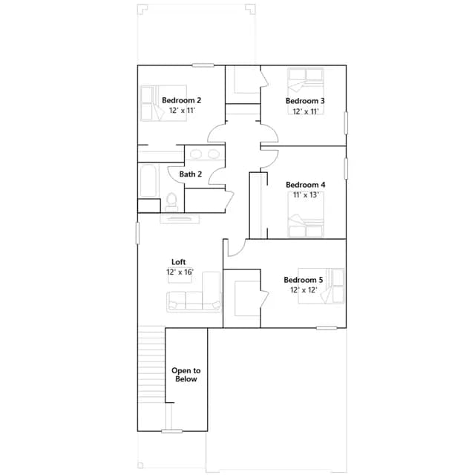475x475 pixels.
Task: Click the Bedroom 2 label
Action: tap(181, 100)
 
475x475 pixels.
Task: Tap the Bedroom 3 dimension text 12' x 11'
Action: tap(306, 112)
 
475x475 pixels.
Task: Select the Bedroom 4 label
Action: tap(306, 185)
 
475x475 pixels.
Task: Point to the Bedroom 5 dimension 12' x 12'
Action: tap(304, 290)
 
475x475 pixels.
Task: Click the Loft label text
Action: tap(178, 262)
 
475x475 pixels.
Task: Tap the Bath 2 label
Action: tap(191, 174)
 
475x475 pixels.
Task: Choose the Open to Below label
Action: tap(186, 375)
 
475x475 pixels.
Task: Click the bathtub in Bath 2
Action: tap(148, 181)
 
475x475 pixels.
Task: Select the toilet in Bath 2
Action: tap(171, 202)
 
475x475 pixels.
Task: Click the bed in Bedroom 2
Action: tap(163, 103)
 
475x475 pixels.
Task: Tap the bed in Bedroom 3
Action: tap(306, 91)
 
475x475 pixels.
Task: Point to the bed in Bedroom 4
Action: tap(306, 214)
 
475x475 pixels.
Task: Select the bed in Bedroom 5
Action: tap(321, 286)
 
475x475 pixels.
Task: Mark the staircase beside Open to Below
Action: tap(151, 364)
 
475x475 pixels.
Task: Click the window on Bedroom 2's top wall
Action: tap(203, 65)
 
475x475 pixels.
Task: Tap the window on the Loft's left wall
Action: tap(137, 233)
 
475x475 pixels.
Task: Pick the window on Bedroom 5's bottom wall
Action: tap(327, 328)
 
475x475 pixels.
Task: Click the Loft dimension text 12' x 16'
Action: tap(180, 272)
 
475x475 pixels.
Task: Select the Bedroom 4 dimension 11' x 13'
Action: tap(306, 194)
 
